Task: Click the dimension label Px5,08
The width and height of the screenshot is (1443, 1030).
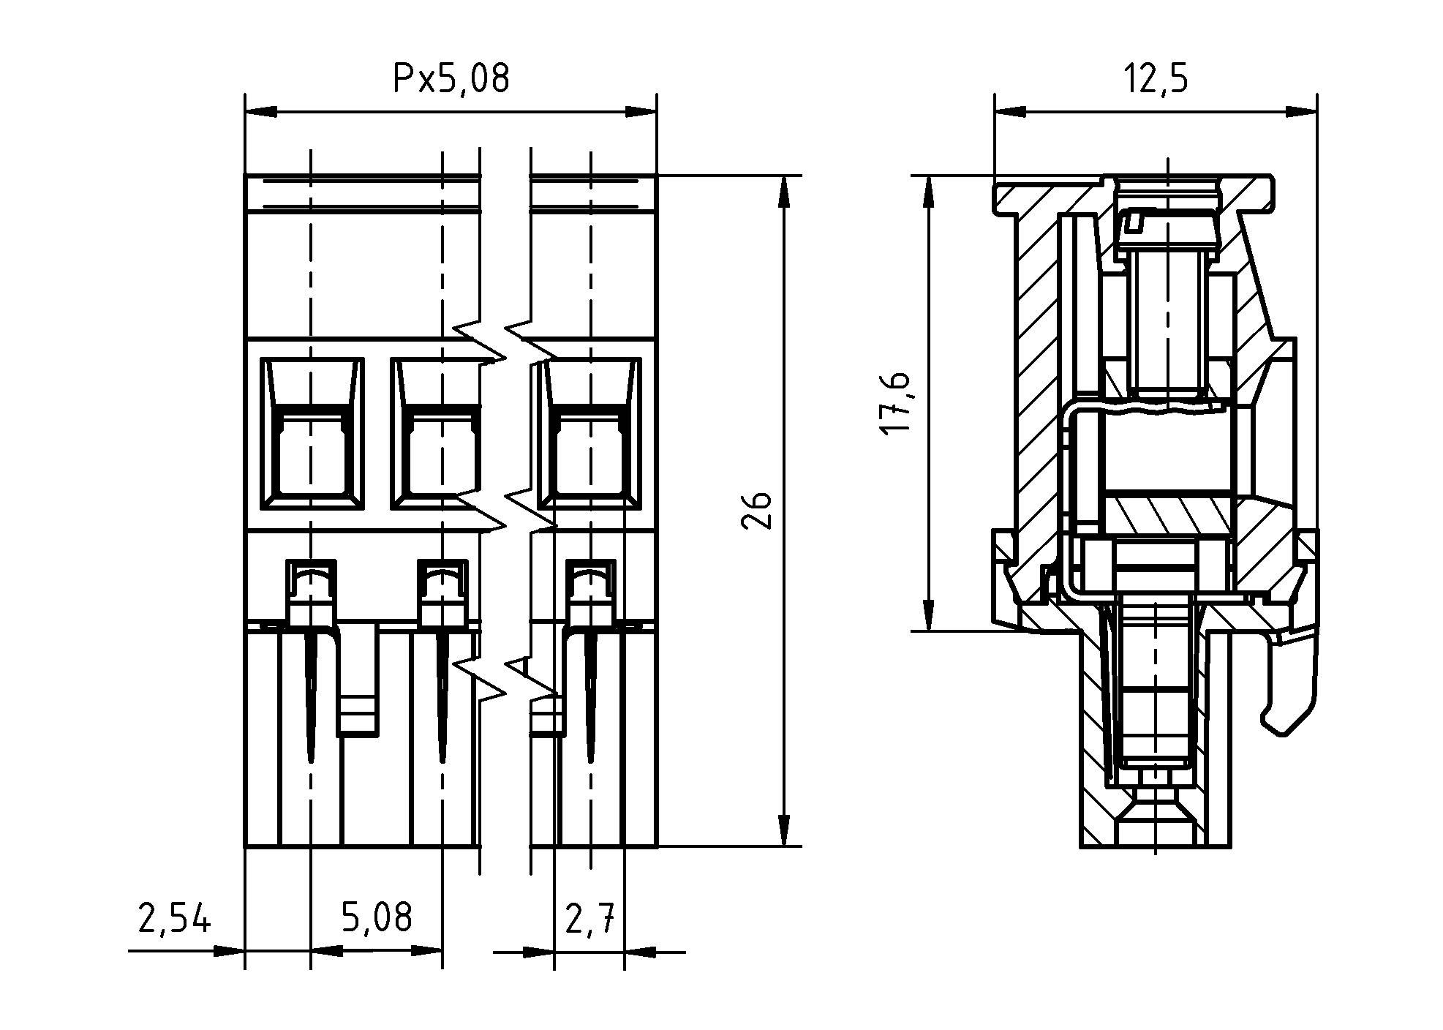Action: coord(451,78)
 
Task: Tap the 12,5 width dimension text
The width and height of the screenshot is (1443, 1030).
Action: coord(1156,78)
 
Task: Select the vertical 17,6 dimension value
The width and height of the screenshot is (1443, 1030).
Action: coord(895,402)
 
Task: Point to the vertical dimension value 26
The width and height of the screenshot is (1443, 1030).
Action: coord(756,510)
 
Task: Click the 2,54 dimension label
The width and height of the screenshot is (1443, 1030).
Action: coord(174,919)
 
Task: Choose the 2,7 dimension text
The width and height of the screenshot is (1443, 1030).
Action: coord(589,919)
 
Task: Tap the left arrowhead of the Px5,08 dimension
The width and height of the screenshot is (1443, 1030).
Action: coord(260,113)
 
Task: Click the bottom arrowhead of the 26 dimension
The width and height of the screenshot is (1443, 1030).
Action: coord(784,831)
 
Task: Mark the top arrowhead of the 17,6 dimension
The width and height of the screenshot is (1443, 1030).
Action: coord(927,192)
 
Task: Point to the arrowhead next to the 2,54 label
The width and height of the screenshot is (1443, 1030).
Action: coord(228,952)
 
